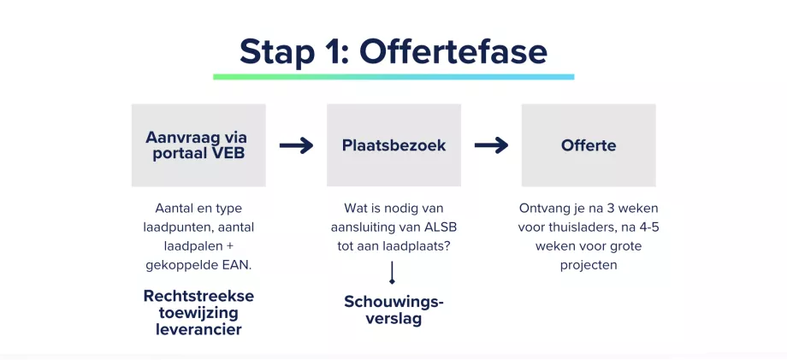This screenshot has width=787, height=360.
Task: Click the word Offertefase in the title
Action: pyautogui.click(x=453, y=51)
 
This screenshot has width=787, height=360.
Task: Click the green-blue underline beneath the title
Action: pyautogui.click(x=393, y=77)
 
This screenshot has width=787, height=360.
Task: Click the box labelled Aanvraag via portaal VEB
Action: pyautogui.click(x=198, y=145)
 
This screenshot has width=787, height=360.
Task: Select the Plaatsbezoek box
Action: pyautogui.click(x=394, y=145)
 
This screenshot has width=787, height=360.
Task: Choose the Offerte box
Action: pyautogui.click(x=589, y=145)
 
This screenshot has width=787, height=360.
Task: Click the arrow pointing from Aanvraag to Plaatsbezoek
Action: pyautogui.click(x=296, y=145)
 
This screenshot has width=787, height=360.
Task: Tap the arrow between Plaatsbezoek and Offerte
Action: pyautogui.click(x=491, y=145)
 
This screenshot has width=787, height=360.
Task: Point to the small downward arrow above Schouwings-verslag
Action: pyautogui.click(x=392, y=273)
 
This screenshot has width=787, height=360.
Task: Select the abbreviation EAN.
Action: pyautogui.click(x=239, y=265)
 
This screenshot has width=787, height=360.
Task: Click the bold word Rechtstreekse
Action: pyautogui.click(x=198, y=296)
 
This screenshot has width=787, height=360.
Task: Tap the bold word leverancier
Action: pyautogui.click(x=198, y=329)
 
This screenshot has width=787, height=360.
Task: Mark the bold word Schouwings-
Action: pyautogui.click(x=394, y=302)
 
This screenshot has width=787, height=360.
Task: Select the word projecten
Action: pyautogui.click(x=589, y=265)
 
